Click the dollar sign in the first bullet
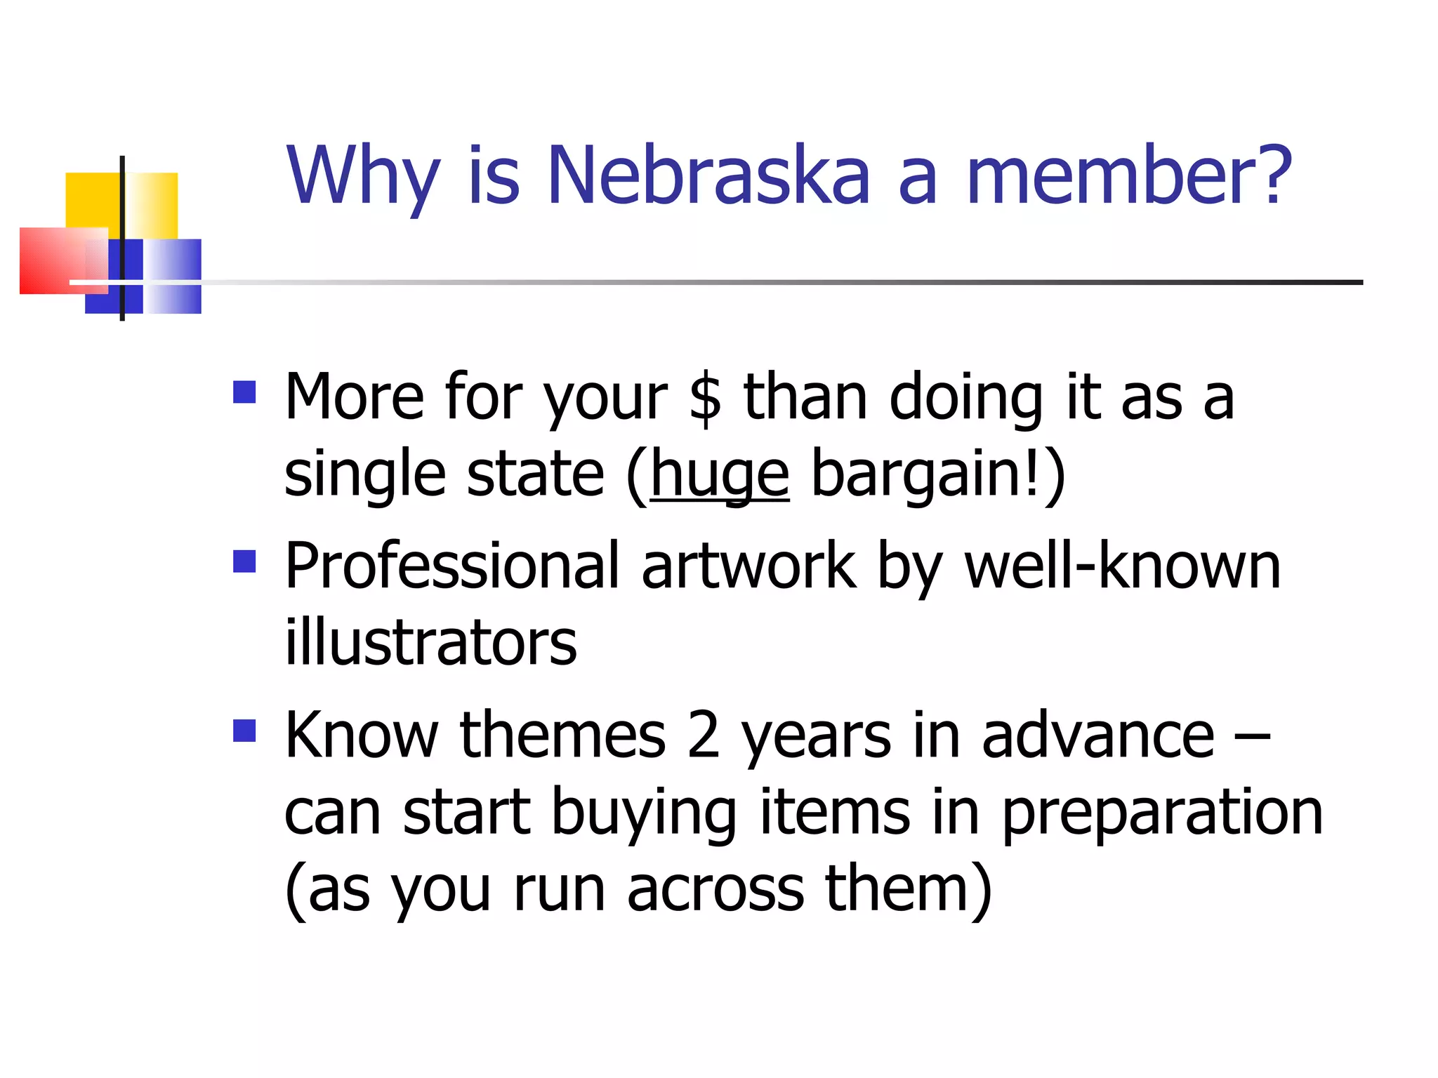pyautogui.click(x=705, y=398)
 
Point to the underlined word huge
pyautogui.click(x=720, y=475)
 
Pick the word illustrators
pyautogui.click(x=430, y=643)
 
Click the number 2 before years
pyautogui.click(x=704, y=736)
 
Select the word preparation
pyautogui.click(x=1162, y=813)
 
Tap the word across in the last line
pyautogui.click(x=715, y=890)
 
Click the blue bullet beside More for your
pyautogui.click(x=244, y=392)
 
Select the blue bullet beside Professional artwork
pyautogui.click(x=244, y=561)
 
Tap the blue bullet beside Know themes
pyautogui.click(x=244, y=731)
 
